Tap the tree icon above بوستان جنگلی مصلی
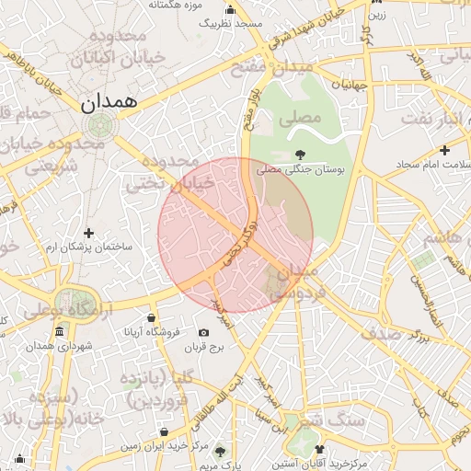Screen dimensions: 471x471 299,154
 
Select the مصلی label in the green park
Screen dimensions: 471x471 304,118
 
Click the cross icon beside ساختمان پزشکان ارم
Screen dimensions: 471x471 88,234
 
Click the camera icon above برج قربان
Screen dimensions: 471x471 202,332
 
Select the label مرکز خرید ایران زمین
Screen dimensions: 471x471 160,445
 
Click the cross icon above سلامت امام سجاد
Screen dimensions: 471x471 444,149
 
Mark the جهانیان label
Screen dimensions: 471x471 349,85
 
